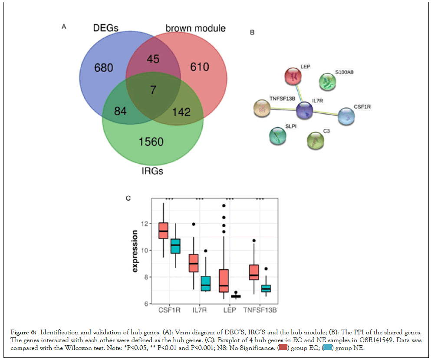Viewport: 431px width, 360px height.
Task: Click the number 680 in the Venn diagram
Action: click(103, 68)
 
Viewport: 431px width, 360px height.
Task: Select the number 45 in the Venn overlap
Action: click(153, 59)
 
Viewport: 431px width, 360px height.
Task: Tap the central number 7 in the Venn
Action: click(153, 90)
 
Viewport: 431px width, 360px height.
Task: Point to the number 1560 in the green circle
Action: click(151, 142)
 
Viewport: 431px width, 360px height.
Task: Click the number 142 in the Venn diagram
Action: click(181, 112)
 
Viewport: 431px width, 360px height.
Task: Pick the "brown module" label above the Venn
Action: click(195, 29)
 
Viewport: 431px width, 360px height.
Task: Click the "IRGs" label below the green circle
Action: click(152, 171)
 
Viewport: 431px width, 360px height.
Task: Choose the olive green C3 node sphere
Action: click(316, 140)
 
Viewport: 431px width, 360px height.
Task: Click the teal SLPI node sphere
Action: click(278, 136)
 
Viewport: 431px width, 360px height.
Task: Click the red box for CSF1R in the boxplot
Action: click(163, 231)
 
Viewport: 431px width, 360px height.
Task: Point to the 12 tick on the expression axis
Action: click(143, 224)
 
